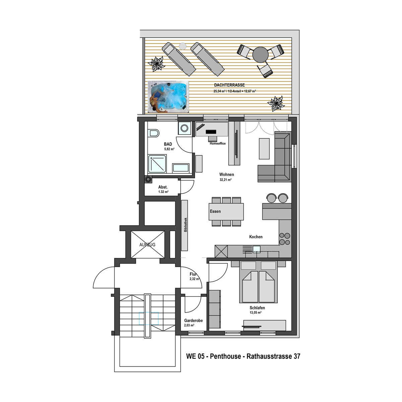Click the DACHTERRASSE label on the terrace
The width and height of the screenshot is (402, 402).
[229, 85]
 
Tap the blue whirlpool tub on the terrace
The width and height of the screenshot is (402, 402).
[168, 97]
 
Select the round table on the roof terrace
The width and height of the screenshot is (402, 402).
[260, 55]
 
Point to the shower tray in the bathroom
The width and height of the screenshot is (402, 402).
[157, 164]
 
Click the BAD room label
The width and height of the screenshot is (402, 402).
[168, 144]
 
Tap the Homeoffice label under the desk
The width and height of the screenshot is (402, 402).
[218, 143]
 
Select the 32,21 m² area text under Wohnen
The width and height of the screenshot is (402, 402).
[225, 180]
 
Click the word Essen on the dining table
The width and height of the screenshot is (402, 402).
[215, 211]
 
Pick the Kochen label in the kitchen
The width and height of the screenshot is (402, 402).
[256, 237]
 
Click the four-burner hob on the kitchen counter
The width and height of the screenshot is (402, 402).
[285, 239]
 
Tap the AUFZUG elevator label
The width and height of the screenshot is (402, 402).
[147, 245]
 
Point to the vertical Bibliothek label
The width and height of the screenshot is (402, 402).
[186, 225]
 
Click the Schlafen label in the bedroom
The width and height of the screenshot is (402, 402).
[257, 308]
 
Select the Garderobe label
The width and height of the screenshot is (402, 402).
[193, 321]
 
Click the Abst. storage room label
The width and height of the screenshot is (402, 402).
[163, 187]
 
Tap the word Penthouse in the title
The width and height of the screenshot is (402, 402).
[225, 356]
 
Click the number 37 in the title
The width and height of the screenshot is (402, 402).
[297, 356]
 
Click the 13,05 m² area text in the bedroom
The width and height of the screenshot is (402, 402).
[256, 313]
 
